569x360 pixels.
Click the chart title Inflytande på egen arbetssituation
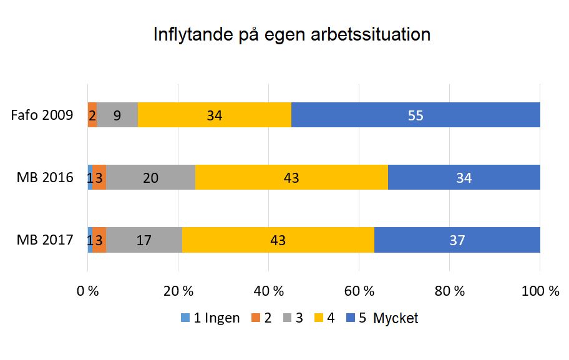[x=292, y=34]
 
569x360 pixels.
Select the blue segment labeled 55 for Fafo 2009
[x=416, y=115]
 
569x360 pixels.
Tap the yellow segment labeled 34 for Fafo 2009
[x=214, y=115]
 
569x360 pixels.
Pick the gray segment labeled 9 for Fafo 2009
[x=117, y=115]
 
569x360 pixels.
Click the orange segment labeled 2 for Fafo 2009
[x=92, y=115]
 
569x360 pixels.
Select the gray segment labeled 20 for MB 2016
[x=150, y=177]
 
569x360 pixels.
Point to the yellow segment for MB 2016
[x=291, y=177]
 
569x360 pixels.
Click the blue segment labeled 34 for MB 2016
[x=464, y=177]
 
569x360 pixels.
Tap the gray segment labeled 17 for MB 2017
[x=143, y=240]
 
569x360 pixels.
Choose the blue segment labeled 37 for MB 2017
[x=457, y=240]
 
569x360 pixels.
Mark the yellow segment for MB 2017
[x=278, y=240]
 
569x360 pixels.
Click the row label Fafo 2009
[x=42, y=115]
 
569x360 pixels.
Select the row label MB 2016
[x=45, y=178]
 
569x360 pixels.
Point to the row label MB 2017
[x=45, y=240]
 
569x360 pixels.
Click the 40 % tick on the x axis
[x=268, y=291]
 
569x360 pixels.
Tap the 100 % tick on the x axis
[x=540, y=291]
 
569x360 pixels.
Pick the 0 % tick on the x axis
[x=88, y=291]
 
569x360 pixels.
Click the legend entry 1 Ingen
[x=210, y=318]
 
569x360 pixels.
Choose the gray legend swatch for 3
[x=286, y=318]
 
